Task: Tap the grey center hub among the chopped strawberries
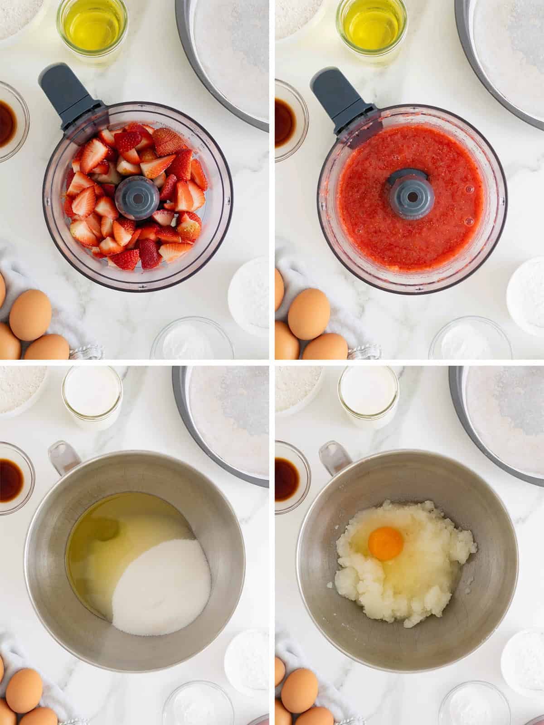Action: [136, 194]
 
